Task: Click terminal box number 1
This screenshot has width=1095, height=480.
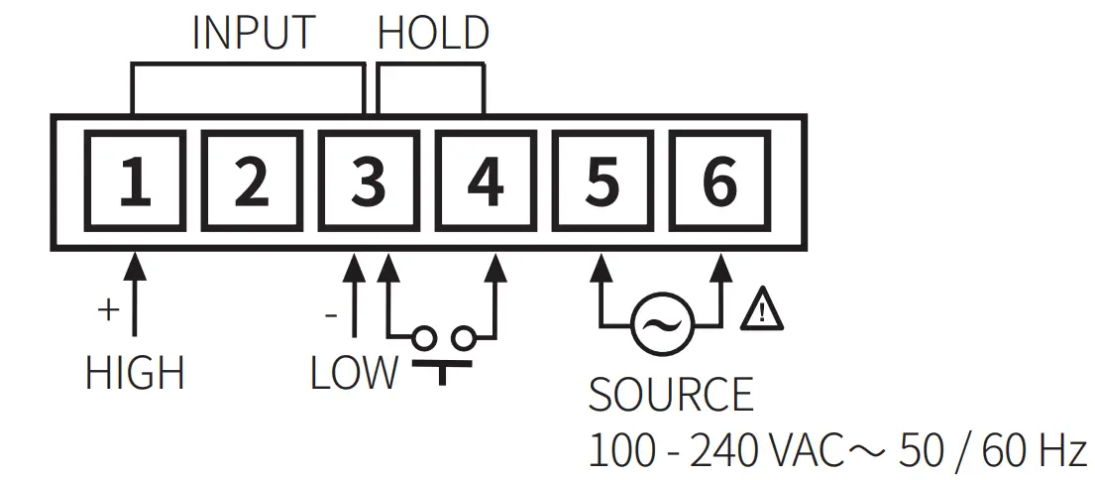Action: click(x=135, y=182)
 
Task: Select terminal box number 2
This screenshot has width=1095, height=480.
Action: click(x=252, y=182)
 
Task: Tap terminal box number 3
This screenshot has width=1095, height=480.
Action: click(x=368, y=182)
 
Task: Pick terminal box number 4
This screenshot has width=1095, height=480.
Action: click(x=485, y=182)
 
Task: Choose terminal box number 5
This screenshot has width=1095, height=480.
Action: click(x=602, y=182)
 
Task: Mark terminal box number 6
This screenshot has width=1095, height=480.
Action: click(x=718, y=182)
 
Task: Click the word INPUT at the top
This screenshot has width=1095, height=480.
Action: click(x=253, y=33)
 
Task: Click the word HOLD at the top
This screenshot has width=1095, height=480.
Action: click(x=433, y=33)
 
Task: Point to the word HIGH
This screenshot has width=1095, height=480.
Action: click(x=135, y=374)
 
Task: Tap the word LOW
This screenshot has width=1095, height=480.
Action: click(x=354, y=374)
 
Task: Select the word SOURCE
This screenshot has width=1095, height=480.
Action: click(x=671, y=395)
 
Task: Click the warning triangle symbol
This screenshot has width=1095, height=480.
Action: click(x=762, y=309)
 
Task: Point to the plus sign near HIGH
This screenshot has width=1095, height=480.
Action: click(x=107, y=309)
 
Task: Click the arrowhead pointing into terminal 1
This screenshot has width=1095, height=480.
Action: click(x=135, y=266)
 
